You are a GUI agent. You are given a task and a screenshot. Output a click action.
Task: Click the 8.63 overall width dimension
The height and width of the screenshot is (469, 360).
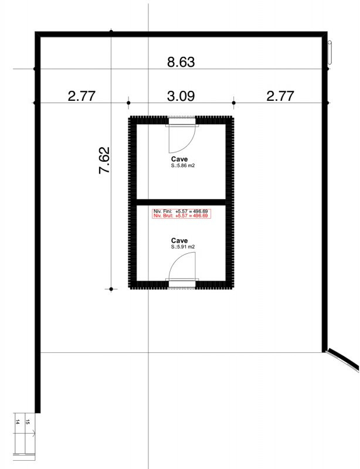(x=181, y=62)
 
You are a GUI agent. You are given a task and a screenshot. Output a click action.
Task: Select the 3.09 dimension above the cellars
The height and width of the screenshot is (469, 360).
(x=181, y=96)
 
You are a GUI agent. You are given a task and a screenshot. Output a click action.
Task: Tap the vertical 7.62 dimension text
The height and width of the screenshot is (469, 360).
(x=104, y=160)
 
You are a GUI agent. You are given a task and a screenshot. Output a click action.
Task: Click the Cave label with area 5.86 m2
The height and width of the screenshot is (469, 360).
(x=179, y=159)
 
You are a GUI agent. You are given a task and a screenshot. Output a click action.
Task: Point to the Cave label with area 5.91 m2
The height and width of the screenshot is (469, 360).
(x=179, y=240)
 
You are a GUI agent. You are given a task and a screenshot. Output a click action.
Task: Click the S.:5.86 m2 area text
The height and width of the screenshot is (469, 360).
(x=183, y=165)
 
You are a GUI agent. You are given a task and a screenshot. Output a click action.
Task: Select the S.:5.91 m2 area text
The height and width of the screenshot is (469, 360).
(x=183, y=247)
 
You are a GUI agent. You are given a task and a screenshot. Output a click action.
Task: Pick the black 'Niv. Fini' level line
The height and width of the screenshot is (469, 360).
(x=181, y=211)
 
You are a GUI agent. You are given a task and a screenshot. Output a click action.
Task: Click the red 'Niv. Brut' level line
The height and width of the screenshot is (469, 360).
(x=181, y=216)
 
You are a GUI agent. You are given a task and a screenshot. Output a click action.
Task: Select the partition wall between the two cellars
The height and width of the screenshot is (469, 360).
(x=181, y=202)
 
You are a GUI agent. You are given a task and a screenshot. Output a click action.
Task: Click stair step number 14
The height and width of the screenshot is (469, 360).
(x=18, y=422)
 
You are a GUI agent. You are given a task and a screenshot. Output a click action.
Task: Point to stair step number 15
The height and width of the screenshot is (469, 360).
(x=28, y=422)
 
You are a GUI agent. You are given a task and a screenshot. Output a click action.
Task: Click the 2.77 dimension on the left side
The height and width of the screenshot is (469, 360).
(x=81, y=96)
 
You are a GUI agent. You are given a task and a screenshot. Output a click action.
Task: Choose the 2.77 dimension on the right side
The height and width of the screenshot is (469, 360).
(x=280, y=96)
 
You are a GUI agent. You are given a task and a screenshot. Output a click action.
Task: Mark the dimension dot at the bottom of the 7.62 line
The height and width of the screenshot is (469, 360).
(x=111, y=289)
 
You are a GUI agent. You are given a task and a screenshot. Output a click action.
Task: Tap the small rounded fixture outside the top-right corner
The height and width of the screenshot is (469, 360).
(x=330, y=52)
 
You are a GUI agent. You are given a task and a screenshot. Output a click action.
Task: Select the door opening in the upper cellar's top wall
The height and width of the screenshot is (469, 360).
(x=182, y=121)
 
